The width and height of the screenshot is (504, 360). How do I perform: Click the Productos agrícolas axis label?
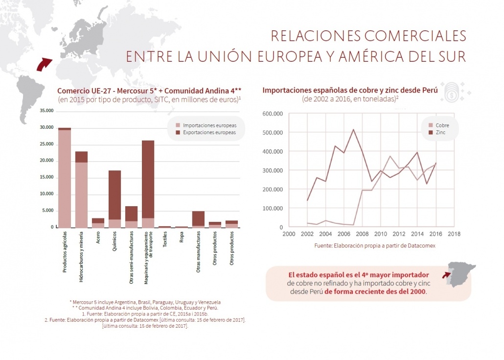coord(65,251)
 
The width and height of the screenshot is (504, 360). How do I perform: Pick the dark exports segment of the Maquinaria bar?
coord(148,179)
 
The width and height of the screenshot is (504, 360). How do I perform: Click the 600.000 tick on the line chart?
coord(273,114)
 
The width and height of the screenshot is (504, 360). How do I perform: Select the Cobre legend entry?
coord(442,125)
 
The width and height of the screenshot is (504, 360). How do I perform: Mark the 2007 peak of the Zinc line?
coord(353,130)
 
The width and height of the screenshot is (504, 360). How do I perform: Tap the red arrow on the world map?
coord(45,63)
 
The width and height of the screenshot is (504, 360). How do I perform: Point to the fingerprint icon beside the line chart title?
coord(449,91)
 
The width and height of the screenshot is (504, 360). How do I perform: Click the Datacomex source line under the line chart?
coord(374,245)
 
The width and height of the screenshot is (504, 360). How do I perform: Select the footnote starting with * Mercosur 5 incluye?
coord(145,302)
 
